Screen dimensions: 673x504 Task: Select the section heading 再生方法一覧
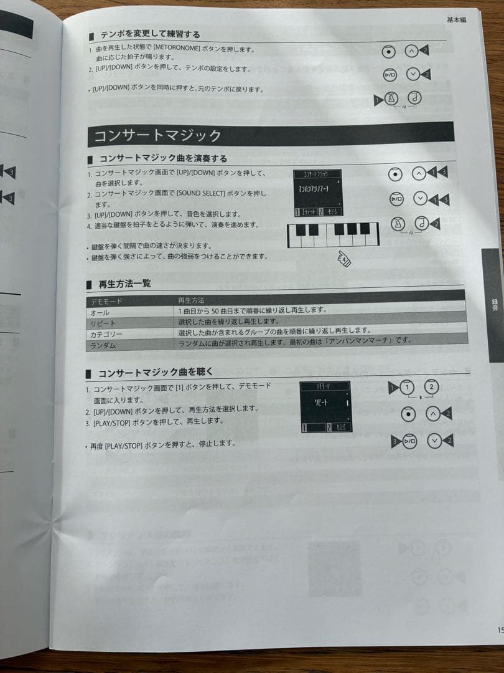pyautogui.click(x=124, y=284)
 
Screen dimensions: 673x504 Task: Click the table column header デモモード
pyautogui.click(x=106, y=301)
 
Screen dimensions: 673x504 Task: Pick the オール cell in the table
pyautogui.click(x=100, y=312)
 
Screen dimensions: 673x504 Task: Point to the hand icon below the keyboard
pyautogui.click(x=343, y=258)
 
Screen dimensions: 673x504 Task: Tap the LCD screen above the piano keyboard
pyautogui.click(x=319, y=193)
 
